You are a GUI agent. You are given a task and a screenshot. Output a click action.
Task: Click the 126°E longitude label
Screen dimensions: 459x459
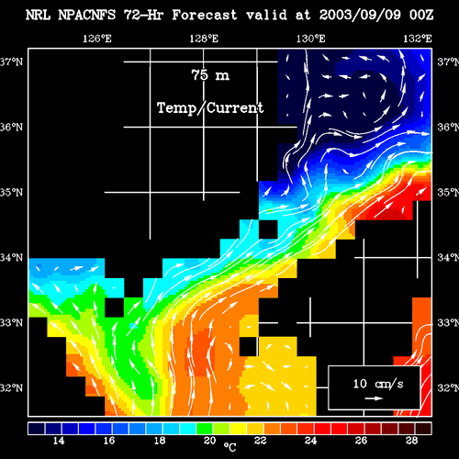pyautogui.click(x=97, y=39)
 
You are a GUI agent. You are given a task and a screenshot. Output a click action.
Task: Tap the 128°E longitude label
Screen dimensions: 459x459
pyautogui.click(x=204, y=39)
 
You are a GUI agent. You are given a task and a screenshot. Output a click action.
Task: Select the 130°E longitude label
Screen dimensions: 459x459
pyautogui.click(x=310, y=39)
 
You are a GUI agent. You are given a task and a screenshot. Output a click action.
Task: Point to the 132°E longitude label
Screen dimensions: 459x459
pyautogui.click(x=418, y=39)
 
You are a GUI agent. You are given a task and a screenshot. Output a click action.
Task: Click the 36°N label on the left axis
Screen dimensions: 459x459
pyautogui.click(x=11, y=127)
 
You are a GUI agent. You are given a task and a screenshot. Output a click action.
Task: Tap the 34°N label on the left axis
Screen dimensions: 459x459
pyautogui.click(x=11, y=258)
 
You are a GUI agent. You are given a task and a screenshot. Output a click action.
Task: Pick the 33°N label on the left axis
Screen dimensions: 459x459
pyautogui.click(x=11, y=323)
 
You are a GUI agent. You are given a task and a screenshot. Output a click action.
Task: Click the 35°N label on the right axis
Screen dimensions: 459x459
pyautogui.click(x=448, y=193)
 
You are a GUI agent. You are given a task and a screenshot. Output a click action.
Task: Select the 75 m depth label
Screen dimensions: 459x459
pyautogui.click(x=210, y=75)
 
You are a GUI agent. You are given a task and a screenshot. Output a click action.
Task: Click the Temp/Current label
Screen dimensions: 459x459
pyautogui.click(x=210, y=108)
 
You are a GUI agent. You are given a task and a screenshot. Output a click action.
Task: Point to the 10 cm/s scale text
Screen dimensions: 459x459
pyautogui.click(x=378, y=384)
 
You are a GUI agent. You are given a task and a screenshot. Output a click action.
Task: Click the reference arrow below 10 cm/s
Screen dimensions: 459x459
pyautogui.click(x=374, y=398)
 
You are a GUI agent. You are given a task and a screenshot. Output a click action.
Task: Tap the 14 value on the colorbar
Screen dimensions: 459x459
pyautogui.click(x=59, y=441)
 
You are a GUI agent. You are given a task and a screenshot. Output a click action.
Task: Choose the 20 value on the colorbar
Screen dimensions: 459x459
pyautogui.click(x=210, y=441)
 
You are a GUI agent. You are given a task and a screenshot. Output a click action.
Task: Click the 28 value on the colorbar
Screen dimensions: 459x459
pyautogui.click(x=412, y=441)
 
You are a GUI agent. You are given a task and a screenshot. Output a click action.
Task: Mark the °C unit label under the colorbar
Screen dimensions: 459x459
pyautogui.click(x=229, y=447)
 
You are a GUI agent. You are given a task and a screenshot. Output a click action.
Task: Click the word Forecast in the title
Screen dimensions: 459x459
pyautogui.click(x=205, y=15)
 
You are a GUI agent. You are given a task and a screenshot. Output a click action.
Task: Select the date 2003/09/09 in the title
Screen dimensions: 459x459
pyautogui.click(x=360, y=15)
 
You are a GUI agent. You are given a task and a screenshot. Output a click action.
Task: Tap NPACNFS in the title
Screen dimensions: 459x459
pyautogui.click(x=87, y=15)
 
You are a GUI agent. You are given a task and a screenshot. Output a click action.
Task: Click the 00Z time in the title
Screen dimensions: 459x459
pyautogui.click(x=421, y=15)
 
